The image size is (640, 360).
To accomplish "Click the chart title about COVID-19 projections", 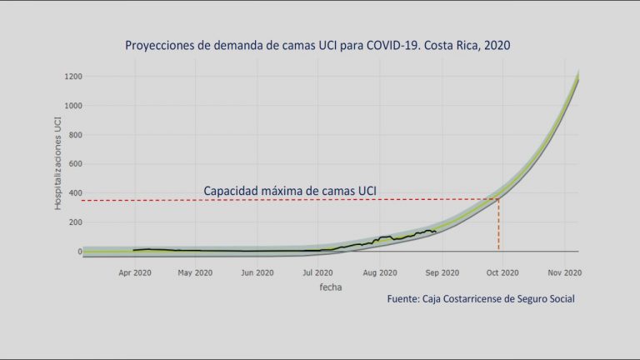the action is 317,45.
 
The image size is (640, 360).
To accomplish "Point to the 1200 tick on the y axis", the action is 73,77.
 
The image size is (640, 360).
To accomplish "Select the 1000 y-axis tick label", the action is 73,106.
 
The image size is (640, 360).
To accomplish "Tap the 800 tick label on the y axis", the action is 76,135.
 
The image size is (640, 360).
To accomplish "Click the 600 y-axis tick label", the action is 76,164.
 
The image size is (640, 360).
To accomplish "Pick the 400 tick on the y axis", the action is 76,193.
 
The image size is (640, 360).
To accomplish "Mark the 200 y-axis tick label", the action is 76,222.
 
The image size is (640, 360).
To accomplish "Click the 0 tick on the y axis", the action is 80,252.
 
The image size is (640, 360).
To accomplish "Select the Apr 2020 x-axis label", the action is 135,272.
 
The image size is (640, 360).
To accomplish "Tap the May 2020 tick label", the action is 195,272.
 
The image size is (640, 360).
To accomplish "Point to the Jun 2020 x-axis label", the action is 257,272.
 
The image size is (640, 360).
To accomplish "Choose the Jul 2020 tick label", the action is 317,272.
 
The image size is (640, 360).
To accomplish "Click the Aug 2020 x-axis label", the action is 380,272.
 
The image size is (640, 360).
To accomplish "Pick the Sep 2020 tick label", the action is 442,272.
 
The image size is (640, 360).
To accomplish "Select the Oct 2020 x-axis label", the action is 502,272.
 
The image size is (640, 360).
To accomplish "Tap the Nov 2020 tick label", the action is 565,272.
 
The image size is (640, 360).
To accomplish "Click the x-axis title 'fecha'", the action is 331,287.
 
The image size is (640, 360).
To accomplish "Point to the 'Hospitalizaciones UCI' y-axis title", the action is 58,163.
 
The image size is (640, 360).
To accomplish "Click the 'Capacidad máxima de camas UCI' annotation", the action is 290,191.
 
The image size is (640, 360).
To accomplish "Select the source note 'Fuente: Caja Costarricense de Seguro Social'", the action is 481,299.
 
